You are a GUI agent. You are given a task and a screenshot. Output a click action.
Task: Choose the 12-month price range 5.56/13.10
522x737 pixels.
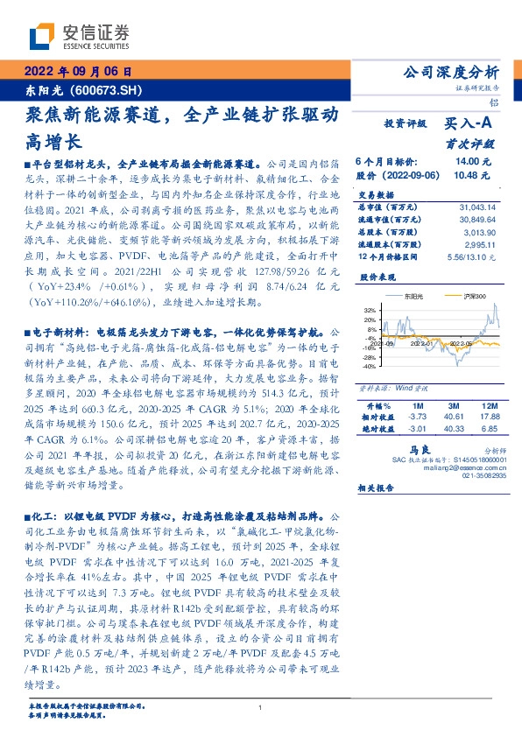tap(476, 256)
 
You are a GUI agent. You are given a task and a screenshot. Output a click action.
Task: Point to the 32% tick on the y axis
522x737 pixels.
tap(370, 310)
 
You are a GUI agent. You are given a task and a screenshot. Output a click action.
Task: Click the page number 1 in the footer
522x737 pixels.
tap(260, 708)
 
